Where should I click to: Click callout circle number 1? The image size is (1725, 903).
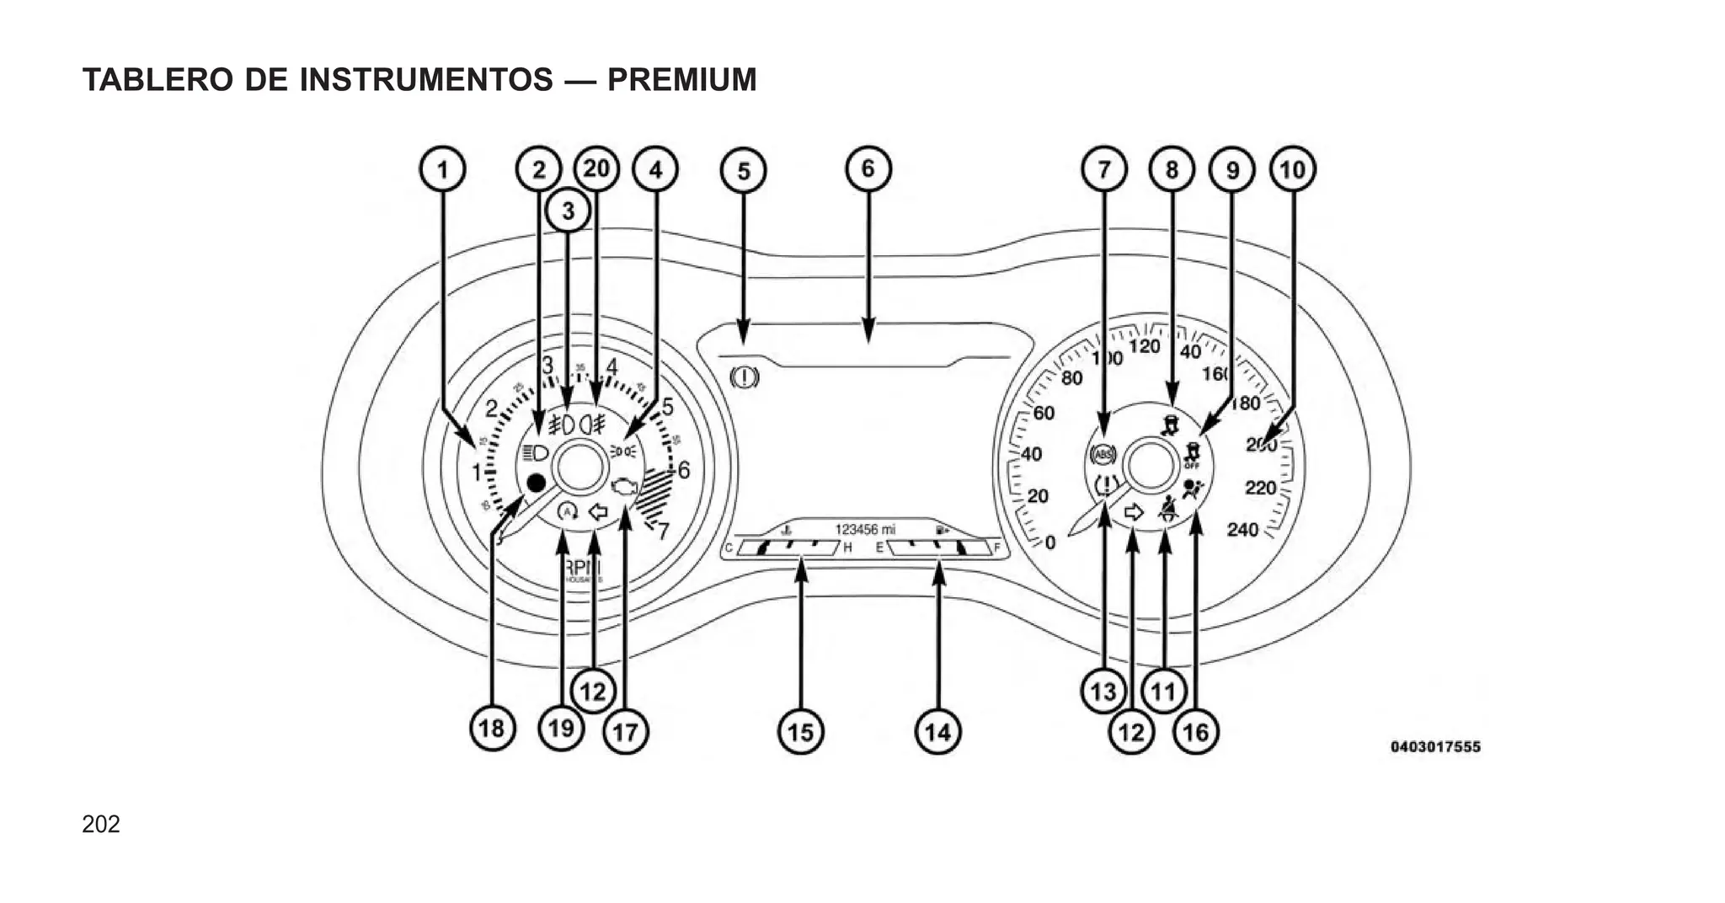coord(443,169)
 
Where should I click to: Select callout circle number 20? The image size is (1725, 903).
coord(596,168)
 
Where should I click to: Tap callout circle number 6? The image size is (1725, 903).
coord(868,168)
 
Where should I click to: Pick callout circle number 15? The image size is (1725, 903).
coord(800,731)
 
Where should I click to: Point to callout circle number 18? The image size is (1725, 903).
coord(493,728)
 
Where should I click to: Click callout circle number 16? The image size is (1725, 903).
coord(1195,731)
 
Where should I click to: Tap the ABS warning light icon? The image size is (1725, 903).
coord(1103,456)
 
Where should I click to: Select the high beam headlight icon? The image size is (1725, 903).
coord(535,453)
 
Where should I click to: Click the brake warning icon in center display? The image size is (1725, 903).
coord(745,376)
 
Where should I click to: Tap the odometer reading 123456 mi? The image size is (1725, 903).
coord(865,529)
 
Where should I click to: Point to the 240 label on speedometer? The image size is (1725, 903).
coord(1242,529)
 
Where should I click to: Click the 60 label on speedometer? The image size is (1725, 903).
coord(1044,413)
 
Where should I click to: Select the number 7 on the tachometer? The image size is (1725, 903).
coord(663,532)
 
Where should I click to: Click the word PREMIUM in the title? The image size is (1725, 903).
coord(681,80)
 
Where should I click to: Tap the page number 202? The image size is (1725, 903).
coord(101,824)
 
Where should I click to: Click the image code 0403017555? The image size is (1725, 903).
coord(1434,746)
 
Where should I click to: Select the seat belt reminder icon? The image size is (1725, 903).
coord(1167,509)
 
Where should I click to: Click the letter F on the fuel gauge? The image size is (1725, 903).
coord(996,548)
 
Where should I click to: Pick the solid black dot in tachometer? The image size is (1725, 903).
coord(535,484)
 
